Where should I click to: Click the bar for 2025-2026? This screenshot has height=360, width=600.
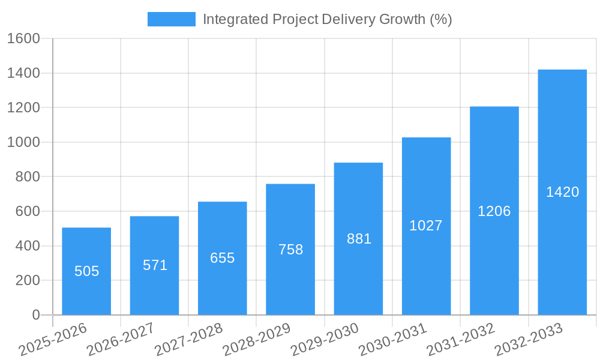coord(86,271)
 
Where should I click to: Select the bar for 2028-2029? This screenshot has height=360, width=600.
coord(290,249)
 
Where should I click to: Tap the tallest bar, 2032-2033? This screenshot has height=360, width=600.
coord(562,192)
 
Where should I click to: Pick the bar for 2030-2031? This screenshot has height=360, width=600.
coord(426,226)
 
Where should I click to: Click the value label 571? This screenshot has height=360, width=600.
coord(155,265)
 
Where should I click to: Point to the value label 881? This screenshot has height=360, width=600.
coord(359,239)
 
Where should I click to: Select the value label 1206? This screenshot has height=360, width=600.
coord(494,211)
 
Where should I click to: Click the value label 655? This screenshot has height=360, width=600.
coord(223,258)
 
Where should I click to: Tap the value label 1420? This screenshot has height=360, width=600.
coord(562,192)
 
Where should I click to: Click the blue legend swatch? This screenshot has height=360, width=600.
coord(172,19)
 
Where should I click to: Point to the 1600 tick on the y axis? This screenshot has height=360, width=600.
coord(23,38)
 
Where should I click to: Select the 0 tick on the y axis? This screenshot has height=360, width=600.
coord(35,315)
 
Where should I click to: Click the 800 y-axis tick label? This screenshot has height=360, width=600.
coord(28,177)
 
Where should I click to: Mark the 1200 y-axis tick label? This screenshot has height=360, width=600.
coord(23,108)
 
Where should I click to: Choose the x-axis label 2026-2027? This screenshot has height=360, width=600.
coord(121,339)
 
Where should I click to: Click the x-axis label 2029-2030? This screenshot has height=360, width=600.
coord(325,339)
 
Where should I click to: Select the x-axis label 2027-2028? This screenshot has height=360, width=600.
coord(188,339)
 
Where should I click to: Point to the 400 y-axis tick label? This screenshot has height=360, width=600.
coord(28,246)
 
